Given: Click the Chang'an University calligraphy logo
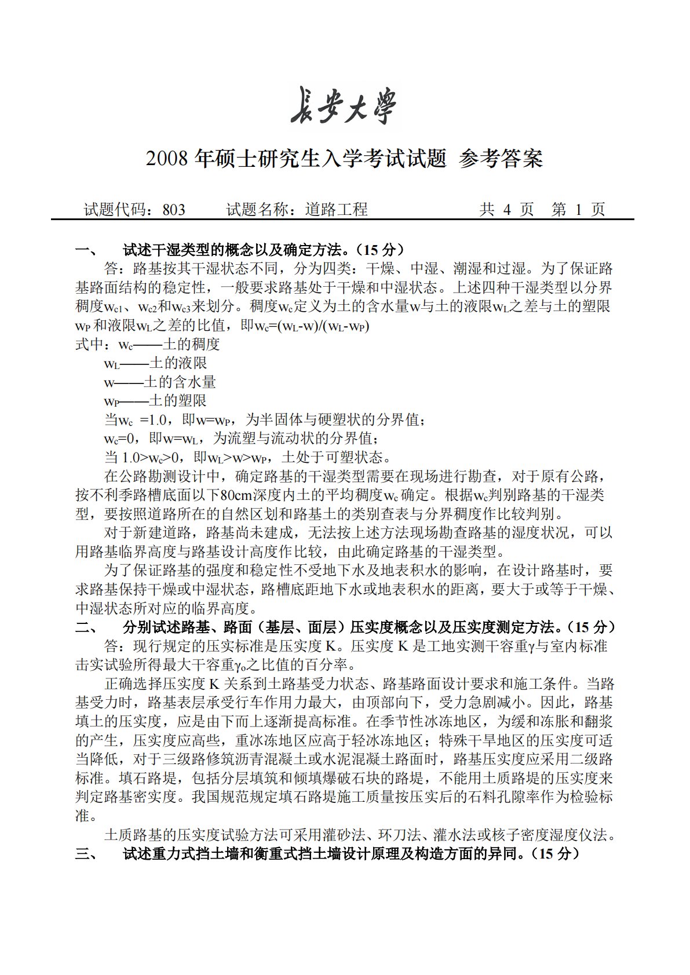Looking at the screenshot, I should [344, 106].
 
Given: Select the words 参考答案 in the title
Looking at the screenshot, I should [501, 158].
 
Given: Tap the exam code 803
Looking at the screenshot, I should [174, 210].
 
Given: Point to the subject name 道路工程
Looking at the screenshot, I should [336, 210].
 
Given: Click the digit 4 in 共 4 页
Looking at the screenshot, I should [507, 210].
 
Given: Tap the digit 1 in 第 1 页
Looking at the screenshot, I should [578, 210].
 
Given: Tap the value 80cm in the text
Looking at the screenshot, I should [236, 495].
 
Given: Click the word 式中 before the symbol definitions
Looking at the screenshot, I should [90, 345].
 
